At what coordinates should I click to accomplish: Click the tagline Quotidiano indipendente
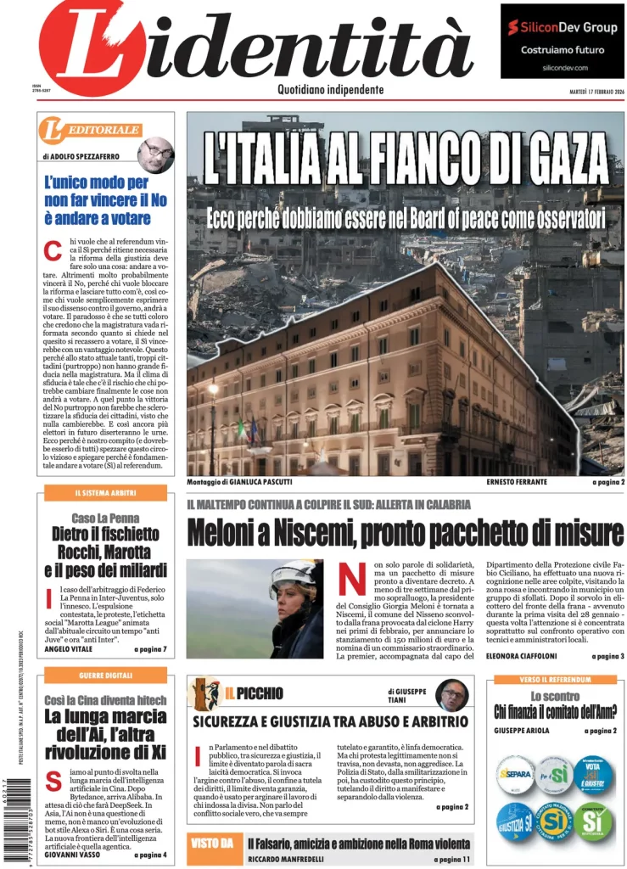click(330, 90)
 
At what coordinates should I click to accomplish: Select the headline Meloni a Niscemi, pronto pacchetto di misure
click(405, 534)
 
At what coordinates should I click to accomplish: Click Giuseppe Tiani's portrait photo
click(451, 695)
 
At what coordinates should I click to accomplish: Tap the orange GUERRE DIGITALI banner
click(105, 675)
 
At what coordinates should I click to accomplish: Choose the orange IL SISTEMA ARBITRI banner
click(105, 493)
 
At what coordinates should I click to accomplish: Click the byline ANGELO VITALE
click(68, 649)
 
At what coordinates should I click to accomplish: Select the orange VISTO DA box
click(211, 844)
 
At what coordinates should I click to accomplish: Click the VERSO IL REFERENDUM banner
click(556, 680)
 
